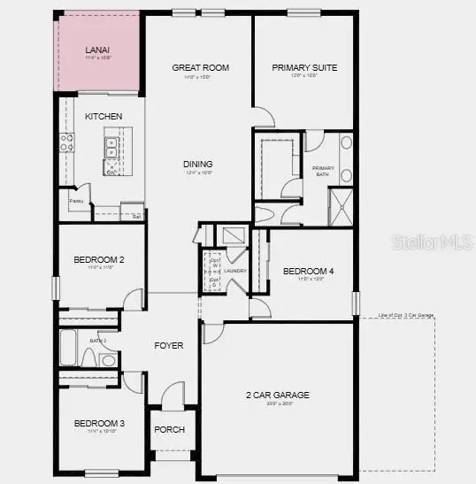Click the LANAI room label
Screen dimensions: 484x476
[97, 50]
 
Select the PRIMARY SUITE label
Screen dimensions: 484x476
[304, 67]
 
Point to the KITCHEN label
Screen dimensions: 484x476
[104, 117]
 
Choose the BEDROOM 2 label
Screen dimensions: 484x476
[97, 259]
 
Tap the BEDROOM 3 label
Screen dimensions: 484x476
[98, 424]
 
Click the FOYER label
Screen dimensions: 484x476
[169, 345]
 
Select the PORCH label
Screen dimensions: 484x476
[169, 429]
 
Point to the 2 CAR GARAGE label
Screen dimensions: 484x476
[277, 395]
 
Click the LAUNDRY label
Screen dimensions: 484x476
[234, 271]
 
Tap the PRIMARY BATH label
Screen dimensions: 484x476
[320, 171]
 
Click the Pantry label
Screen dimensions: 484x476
[77, 201]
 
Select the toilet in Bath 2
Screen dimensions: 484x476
[89, 358]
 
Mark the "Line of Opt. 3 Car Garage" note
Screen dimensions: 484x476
[405, 315]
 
